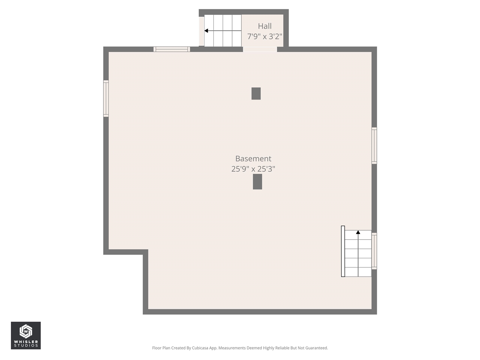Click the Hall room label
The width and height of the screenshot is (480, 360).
coord(264,26)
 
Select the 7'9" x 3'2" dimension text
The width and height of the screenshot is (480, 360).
coord(264,36)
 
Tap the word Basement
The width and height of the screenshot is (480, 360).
coord(253,159)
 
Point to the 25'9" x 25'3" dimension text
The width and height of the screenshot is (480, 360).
coord(253,169)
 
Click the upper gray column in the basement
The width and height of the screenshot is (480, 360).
coord(256,93)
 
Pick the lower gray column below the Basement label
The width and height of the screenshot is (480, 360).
coord(257,181)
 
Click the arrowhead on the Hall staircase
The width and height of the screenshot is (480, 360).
coord(206,31)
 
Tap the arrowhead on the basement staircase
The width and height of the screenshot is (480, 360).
coord(358,232)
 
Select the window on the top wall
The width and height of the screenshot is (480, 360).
coord(172,49)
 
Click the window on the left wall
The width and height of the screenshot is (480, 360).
coord(106,98)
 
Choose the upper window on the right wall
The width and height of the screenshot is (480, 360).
coord(374,145)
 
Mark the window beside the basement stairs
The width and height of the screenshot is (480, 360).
coord(374,251)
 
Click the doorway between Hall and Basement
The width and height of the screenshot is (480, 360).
coord(260,49)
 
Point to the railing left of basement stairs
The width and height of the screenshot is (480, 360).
coord(343,251)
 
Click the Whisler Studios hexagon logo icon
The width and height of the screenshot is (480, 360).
coord(25,331)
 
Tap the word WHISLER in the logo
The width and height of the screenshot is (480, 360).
coord(26,342)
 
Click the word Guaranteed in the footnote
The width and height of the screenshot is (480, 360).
coord(316,348)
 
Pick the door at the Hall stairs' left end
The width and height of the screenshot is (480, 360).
coord(201,31)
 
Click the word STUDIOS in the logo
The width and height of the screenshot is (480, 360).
coord(26,346)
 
